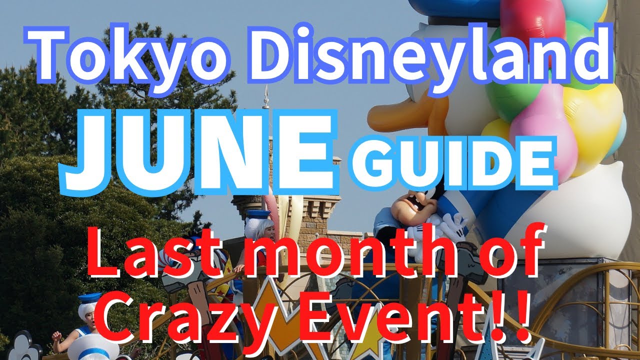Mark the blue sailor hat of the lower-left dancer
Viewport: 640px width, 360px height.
[x=90, y=299]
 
